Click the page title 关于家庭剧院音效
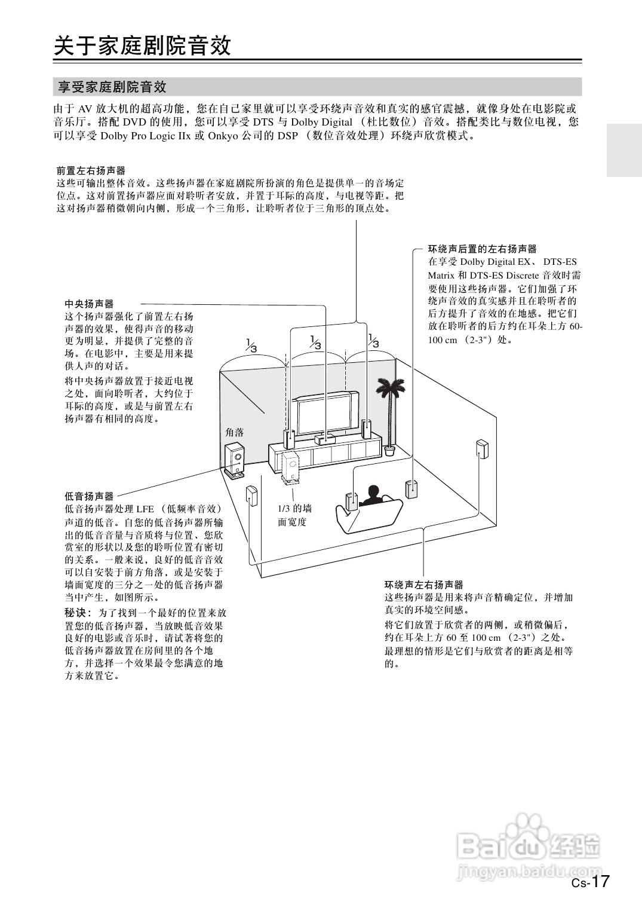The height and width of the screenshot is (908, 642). [x=142, y=45]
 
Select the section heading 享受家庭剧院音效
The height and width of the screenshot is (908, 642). [x=112, y=87]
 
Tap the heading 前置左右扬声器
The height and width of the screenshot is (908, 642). [x=91, y=171]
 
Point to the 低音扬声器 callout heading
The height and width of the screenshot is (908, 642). [x=89, y=496]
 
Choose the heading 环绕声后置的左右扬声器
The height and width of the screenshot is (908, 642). [x=482, y=249]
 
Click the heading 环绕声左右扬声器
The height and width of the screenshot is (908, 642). [x=423, y=585]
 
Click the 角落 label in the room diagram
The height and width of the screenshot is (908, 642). [x=235, y=432]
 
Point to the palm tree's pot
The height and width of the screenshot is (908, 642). [x=390, y=450]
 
